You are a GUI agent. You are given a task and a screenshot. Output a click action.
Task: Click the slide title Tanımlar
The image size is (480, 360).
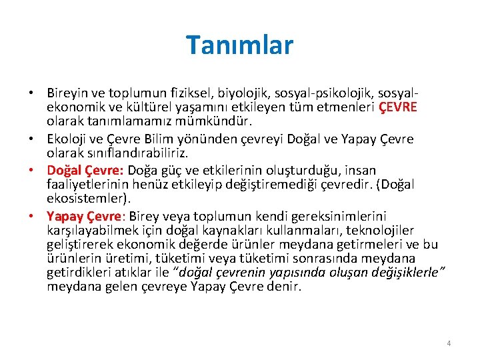[x=239, y=45]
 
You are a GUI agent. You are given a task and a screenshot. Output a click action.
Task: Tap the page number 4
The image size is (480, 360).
[x=449, y=343]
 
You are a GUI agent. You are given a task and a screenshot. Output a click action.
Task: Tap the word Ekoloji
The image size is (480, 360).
[x=67, y=139]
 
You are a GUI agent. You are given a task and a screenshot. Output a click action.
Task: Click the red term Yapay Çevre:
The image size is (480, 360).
[x=86, y=216]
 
